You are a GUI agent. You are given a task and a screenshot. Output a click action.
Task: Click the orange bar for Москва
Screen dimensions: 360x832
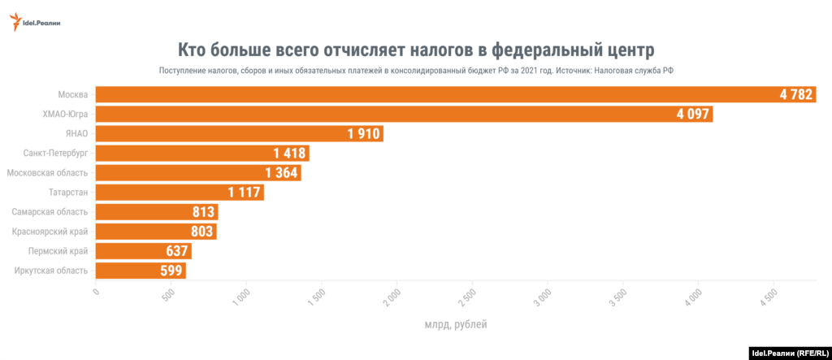click(x=406, y=95)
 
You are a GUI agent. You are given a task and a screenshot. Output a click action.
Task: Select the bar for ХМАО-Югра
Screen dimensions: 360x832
click(x=366, y=115)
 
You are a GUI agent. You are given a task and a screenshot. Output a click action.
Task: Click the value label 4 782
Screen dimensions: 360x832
click(x=795, y=95)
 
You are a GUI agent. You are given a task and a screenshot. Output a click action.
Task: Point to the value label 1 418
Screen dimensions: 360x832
click(x=290, y=154)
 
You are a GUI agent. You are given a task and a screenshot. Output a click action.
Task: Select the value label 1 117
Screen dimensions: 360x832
click(x=245, y=193)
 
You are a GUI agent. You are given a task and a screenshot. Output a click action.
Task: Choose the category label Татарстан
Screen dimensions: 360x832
click(x=67, y=192)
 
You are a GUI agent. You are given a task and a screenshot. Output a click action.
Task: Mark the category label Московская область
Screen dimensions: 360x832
click(x=47, y=172)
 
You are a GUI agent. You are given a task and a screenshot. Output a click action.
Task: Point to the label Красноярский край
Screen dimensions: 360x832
click(x=50, y=232)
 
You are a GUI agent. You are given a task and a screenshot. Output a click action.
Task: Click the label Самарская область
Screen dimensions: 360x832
click(x=50, y=212)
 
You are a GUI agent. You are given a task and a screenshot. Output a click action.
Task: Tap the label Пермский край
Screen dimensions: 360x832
click(x=58, y=251)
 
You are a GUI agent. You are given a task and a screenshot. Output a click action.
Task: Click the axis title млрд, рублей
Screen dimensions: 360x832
click(x=456, y=325)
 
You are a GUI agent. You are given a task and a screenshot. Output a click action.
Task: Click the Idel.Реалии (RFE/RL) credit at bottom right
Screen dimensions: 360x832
click(x=788, y=353)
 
